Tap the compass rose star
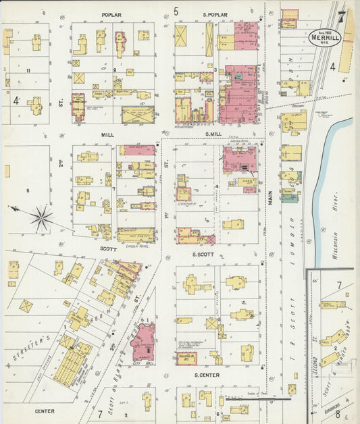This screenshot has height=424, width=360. tap(41, 218)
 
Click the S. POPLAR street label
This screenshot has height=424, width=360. tap(215, 14)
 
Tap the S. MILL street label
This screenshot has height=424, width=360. tap(213, 134)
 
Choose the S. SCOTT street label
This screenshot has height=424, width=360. tap(203, 255)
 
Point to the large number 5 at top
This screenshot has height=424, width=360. tap(176, 11)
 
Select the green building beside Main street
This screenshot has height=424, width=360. tap(290, 196)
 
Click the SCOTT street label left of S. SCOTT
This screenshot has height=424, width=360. tap(108, 248)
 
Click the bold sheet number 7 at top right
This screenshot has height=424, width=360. tap(342, 15)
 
